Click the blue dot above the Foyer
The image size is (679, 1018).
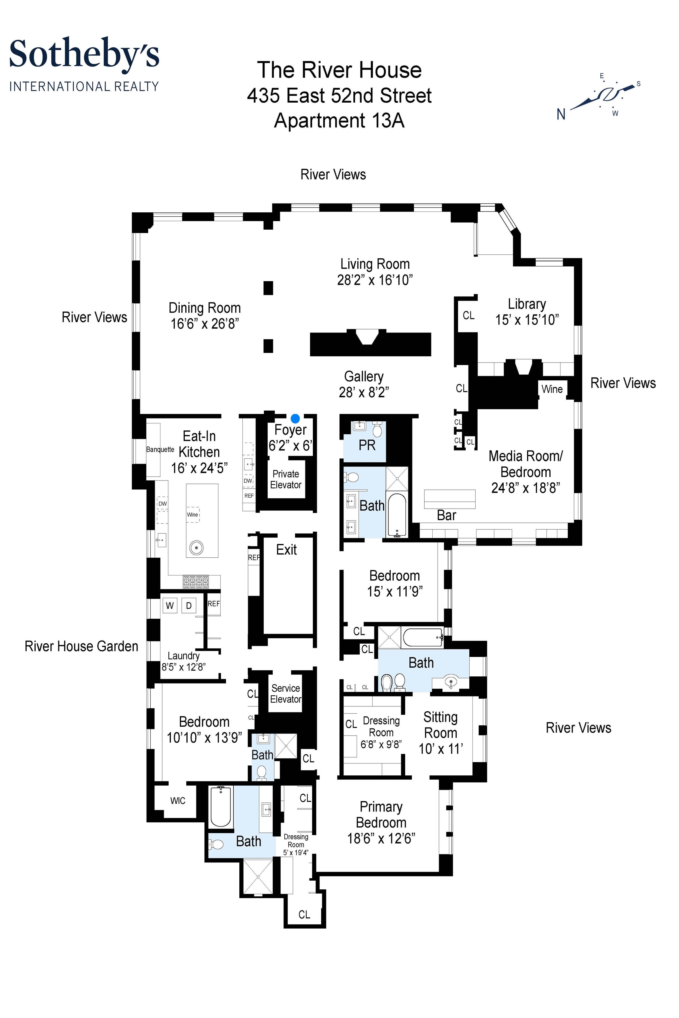coord(295,418)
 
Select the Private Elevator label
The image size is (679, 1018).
coord(285,479)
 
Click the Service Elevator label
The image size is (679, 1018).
coord(285,693)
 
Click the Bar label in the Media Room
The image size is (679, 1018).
coord(446,515)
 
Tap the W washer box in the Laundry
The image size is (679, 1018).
coord(170,605)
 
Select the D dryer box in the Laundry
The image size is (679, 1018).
coord(189,605)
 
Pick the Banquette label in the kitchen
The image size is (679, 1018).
coord(160,449)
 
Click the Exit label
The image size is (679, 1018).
coord(286,550)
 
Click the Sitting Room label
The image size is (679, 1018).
coord(441,725)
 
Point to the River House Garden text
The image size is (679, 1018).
coord(81,646)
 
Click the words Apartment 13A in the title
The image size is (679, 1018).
coord(339,120)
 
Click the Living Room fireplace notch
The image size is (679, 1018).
coord(367,337)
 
